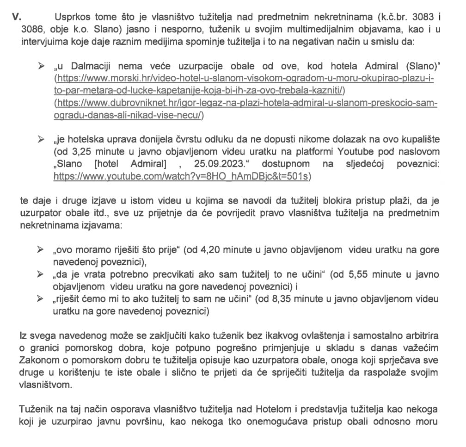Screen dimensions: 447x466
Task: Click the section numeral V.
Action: tap(17, 17)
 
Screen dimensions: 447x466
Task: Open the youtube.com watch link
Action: tap(182, 176)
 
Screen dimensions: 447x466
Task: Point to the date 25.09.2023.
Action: tap(224, 164)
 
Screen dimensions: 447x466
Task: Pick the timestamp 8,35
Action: tap(256, 299)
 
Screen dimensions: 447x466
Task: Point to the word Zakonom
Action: tap(39, 360)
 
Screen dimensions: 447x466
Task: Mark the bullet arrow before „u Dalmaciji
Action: tap(43, 66)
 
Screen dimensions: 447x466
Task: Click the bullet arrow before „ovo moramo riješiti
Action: tap(43, 250)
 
